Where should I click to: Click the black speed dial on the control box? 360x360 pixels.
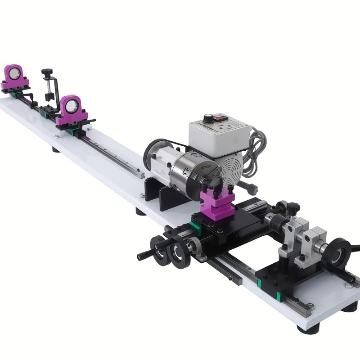pyautogui.click(x=208, y=118)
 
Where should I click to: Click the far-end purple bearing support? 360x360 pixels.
pyautogui.click(x=14, y=76)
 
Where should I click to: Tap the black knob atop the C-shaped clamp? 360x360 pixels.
pyautogui.click(x=47, y=72)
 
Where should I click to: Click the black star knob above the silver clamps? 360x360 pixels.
pyautogui.click(x=293, y=207)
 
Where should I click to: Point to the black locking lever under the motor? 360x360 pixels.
pyautogui.click(x=245, y=185)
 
